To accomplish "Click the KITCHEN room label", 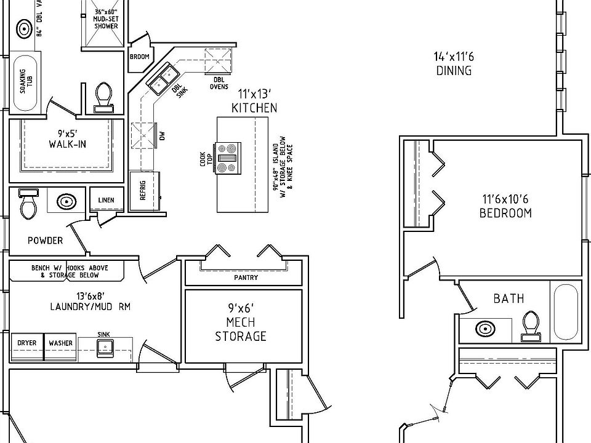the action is click(254, 108).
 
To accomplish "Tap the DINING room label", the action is click(454, 70).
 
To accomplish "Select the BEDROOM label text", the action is click(505, 213).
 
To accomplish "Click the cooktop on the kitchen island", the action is click(228, 158).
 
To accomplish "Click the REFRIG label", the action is click(142, 191).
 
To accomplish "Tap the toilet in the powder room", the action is click(28, 204).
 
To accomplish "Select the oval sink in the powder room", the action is click(66, 202).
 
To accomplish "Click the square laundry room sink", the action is click(105, 348).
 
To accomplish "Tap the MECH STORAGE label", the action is click(241, 329).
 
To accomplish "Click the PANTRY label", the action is click(246, 277).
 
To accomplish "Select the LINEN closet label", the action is click(106, 200).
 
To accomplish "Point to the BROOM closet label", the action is click(140, 57).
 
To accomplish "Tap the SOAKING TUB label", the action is click(26, 81).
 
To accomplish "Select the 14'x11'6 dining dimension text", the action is click(454, 57).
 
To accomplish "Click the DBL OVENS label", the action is click(219, 83).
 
